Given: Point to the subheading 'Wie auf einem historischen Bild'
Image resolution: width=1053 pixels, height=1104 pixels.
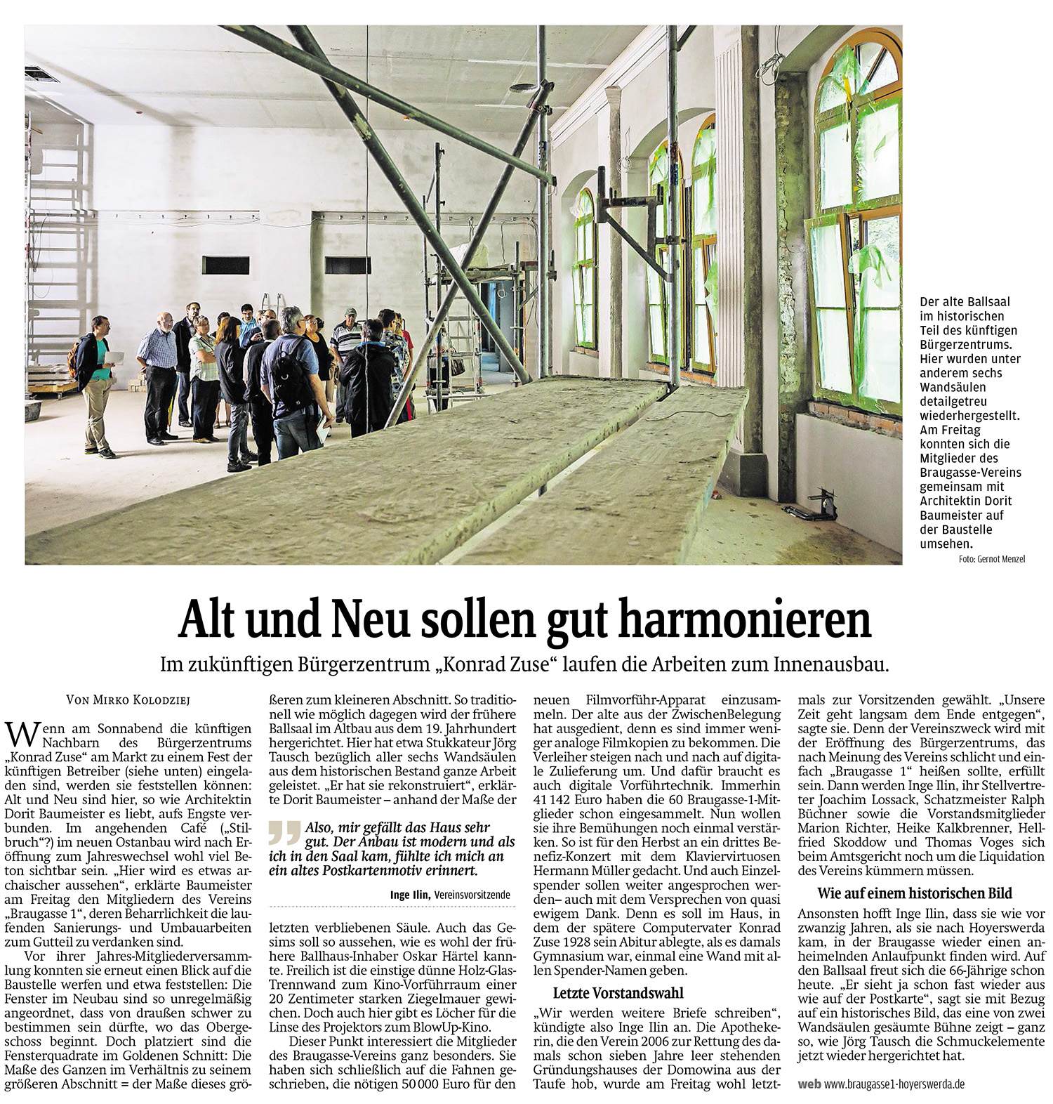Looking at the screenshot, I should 915,893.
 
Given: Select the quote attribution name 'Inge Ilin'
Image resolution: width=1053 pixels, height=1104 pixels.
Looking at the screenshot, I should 411,895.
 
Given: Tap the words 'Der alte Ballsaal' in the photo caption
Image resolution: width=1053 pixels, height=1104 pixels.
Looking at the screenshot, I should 965,301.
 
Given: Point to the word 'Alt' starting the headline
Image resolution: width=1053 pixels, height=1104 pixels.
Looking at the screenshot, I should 204,620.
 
